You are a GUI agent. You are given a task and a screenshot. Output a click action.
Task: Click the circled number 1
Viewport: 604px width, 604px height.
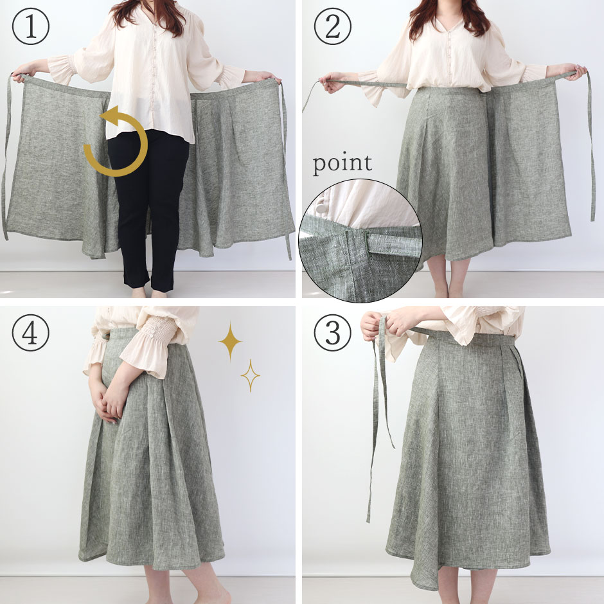coord(31,26)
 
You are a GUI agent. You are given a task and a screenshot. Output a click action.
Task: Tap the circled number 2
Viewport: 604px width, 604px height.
coord(333,26)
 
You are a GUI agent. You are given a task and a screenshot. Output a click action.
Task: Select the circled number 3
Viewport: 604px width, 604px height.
coord(333,332)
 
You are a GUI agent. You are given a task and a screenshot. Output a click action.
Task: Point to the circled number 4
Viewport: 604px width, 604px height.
coord(31,332)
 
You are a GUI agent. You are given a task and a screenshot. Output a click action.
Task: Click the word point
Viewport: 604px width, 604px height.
coord(342,163)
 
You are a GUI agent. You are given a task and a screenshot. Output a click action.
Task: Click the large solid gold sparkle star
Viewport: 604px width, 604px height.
coord(230,341)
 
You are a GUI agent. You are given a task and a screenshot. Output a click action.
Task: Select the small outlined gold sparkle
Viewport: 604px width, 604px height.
coord(251,376)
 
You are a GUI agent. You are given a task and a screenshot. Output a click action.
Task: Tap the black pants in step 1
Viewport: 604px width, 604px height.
coord(148,208)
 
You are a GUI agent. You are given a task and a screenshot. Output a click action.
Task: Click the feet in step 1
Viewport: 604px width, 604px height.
coord(148,293)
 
